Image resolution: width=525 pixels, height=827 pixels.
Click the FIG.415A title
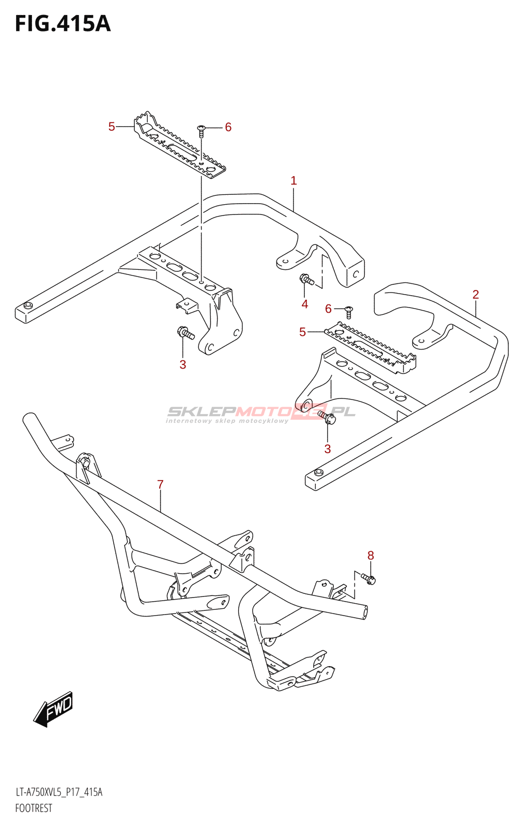point(63,24)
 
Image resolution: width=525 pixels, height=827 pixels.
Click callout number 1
point(294,180)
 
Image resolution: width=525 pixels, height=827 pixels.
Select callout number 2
point(475,295)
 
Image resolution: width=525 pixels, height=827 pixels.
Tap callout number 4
point(305,304)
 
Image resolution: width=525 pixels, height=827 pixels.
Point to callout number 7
point(160,484)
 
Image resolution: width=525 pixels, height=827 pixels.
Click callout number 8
point(370,556)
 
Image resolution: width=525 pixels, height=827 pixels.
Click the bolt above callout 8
point(368,578)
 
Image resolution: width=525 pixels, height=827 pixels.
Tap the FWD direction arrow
point(54,709)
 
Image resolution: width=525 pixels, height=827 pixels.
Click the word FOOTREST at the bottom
point(34,808)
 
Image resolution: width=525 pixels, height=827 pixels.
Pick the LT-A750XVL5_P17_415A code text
point(59,792)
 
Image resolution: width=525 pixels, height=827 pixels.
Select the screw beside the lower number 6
point(349,311)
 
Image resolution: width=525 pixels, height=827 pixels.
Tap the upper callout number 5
point(112,127)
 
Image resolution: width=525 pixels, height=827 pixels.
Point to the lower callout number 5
point(302,332)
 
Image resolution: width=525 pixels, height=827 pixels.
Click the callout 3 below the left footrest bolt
point(182,364)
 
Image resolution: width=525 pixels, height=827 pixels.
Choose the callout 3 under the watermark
point(327,449)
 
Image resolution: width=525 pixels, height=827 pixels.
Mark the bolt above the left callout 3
point(185,332)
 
